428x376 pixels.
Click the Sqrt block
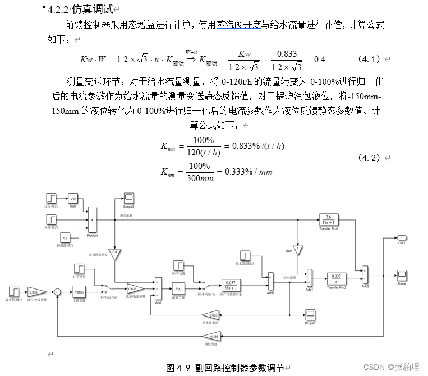72,198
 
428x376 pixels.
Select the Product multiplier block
93,220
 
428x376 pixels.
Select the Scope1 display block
310,313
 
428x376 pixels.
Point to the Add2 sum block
365,275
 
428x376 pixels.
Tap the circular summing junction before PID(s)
56,292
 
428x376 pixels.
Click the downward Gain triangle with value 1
298,249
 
